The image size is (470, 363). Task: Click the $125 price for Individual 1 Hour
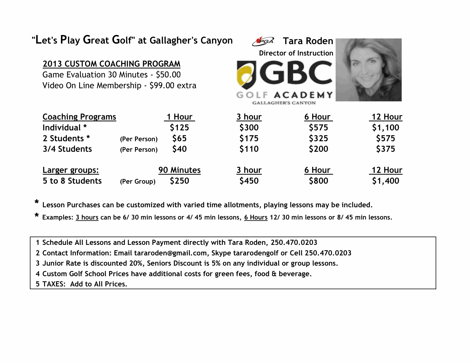point(179,128)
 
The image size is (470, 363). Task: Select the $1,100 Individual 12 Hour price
point(385,128)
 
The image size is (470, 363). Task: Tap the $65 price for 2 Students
point(179,138)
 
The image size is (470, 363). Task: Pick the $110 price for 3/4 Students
point(249,149)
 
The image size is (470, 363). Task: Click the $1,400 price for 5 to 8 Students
point(385,181)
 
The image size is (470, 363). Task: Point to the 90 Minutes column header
point(179,170)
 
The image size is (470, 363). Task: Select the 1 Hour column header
point(179,117)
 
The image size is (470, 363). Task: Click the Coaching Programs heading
point(79,117)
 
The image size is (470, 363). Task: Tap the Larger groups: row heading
point(71,170)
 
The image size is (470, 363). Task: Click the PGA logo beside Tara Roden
point(263,41)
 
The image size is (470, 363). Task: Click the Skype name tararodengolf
point(256,253)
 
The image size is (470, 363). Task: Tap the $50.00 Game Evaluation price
point(168,75)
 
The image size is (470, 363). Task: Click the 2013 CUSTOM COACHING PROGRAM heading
point(111,64)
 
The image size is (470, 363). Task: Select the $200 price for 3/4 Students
point(318,149)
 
